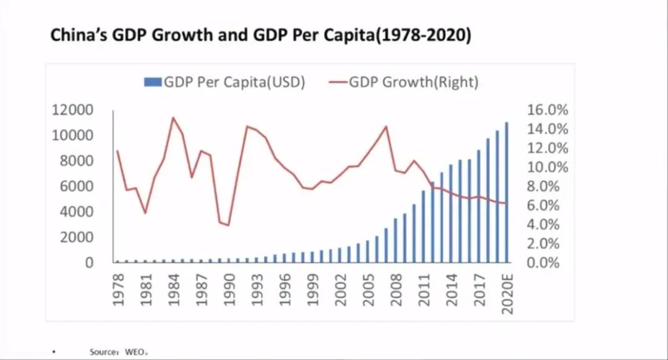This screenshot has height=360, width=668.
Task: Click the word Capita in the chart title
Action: pyautogui.click(x=372, y=35)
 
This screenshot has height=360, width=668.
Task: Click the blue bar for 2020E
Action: pyautogui.click(x=507, y=192)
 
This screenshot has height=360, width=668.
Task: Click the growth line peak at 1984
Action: pyautogui.click(x=173, y=118)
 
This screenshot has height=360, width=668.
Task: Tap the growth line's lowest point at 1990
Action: pyautogui.click(x=228, y=225)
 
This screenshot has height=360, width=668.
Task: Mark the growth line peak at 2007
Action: pyautogui.click(x=386, y=127)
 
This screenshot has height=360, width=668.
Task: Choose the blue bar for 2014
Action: pyautogui.click(x=451, y=213)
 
